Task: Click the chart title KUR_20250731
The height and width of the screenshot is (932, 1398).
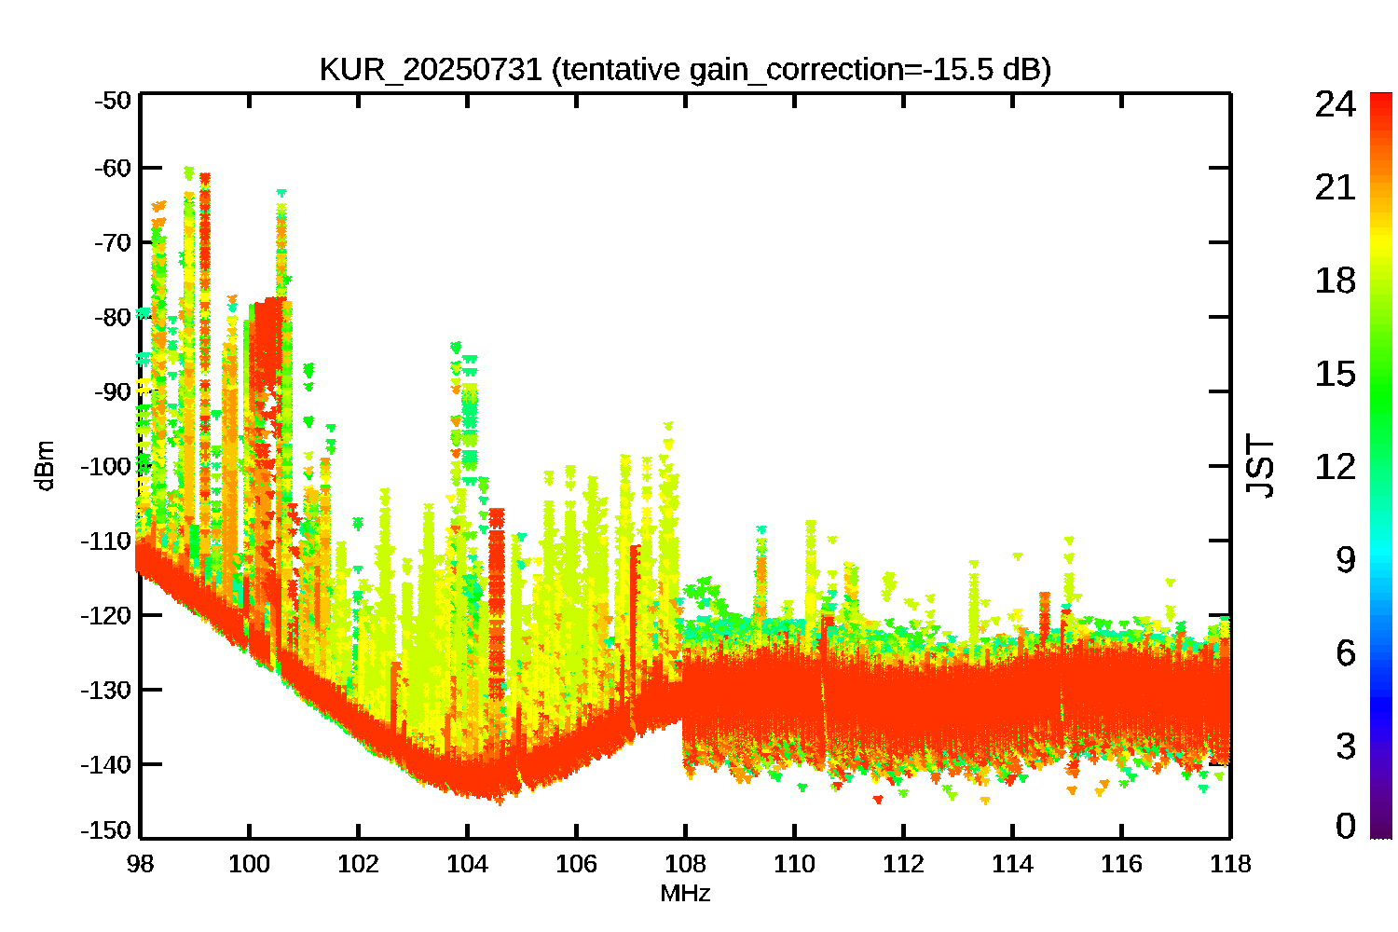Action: (x=430, y=70)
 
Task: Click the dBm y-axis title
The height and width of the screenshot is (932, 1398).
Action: (x=44, y=466)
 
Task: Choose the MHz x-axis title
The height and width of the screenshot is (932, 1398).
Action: (x=685, y=894)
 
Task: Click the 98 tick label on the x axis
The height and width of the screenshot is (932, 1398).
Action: (x=141, y=864)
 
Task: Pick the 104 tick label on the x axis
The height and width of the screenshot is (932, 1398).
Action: (x=467, y=864)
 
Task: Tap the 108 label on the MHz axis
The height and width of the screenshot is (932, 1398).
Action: (x=685, y=864)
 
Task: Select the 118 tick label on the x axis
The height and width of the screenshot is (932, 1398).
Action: (x=1230, y=864)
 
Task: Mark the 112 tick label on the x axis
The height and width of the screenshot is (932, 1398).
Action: (x=903, y=864)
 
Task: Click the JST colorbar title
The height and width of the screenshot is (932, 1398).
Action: (x=1260, y=466)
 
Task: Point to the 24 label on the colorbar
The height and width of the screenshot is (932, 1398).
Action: (x=1335, y=104)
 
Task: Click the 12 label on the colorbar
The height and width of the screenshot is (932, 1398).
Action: (x=1335, y=466)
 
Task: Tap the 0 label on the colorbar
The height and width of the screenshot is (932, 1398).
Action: (x=1345, y=826)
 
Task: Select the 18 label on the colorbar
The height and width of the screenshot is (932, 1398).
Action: (x=1335, y=281)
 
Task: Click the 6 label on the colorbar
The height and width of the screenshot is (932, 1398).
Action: (x=1345, y=653)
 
